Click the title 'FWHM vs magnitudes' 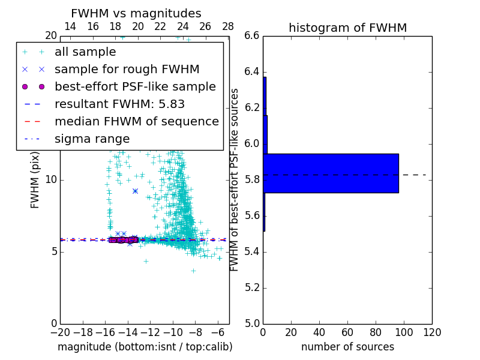[x=136, y=13]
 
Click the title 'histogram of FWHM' [x=347, y=28]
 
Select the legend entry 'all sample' [x=85, y=52]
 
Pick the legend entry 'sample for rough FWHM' [x=127, y=70]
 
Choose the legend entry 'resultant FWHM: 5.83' [x=119, y=104]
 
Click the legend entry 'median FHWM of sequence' [x=136, y=121]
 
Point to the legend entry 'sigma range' [x=92, y=139]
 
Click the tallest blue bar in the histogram [x=331, y=173]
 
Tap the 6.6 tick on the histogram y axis [x=251, y=36]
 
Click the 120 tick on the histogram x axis [x=431, y=332]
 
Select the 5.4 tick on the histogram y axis [x=251, y=251]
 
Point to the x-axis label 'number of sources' [x=347, y=347]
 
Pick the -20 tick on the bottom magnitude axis [x=60, y=332]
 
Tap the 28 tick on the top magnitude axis [x=228, y=26]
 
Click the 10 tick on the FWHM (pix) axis [x=51, y=179]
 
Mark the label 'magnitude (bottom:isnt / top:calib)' [x=145, y=347]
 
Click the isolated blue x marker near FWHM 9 [x=135, y=191]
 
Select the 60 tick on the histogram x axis [x=347, y=332]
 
